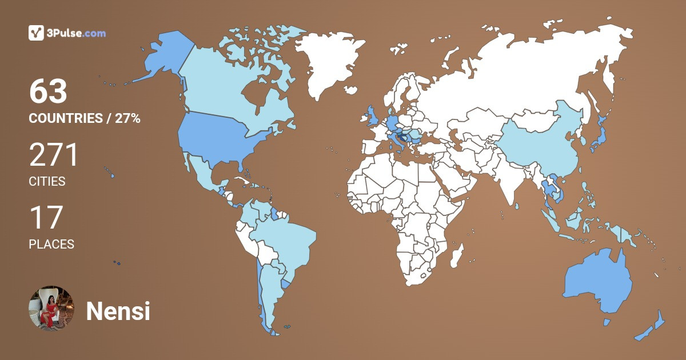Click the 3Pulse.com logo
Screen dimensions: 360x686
pyautogui.click(x=67, y=33)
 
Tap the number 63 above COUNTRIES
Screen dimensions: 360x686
pyautogui.click(x=49, y=91)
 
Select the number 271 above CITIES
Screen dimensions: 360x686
pyautogui.click(x=54, y=155)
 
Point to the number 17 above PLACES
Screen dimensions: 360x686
pyautogui.click(x=45, y=218)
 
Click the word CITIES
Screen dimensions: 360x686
pyautogui.click(x=47, y=182)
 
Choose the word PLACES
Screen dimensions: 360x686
pyautogui.click(x=51, y=244)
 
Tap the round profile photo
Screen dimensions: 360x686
pyautogui.click(x=51, y=309)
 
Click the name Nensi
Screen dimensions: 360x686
pyautogui.click(x=118, y=311)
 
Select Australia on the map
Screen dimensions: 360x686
pyautogui.click(x=597, y=280)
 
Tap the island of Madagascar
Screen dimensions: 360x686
pyautogui.click(x=456, y=255)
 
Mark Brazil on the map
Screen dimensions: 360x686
pyautogui.click(x=286, y=240)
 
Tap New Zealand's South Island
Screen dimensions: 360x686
pyautogui.click(x=645, y=334)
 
